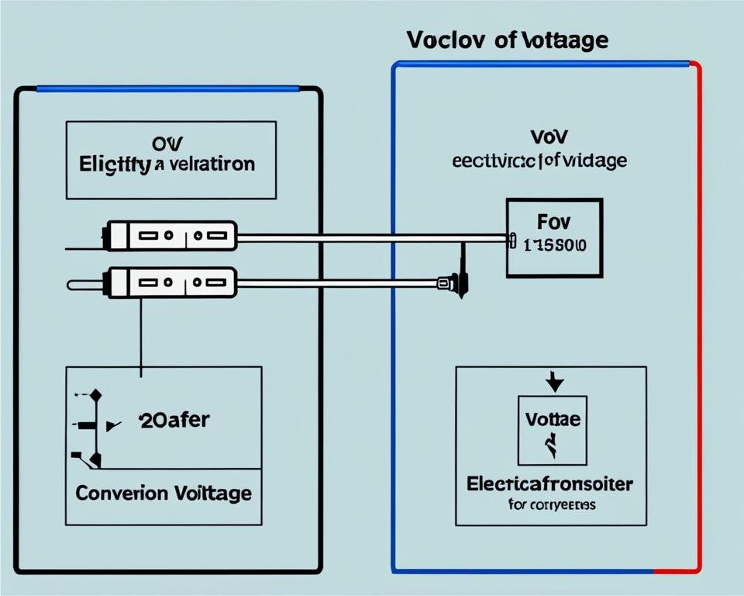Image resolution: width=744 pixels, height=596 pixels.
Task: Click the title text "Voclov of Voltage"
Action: pyautogui.click(x=507, y=41)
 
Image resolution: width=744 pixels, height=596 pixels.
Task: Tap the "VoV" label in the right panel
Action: pyautogui.click(x=549, y=137)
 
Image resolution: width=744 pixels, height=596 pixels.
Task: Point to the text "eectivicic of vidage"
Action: pyautogui.click(x=540, y=161)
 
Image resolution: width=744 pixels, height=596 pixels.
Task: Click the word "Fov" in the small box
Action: pyautogui.click(x=553, y=223)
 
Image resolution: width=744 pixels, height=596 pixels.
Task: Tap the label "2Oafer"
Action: pyautogui.click(x=174, y=421)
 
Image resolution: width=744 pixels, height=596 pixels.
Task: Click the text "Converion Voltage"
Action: pyautogui.click(x=164, y=492)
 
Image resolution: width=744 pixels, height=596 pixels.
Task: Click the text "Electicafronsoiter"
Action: pyautogui.click(x=549, y=483)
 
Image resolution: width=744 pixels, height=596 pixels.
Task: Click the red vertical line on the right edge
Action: pyautogui.click(x=700, y=310)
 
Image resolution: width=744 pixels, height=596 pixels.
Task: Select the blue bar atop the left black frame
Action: pyautogui.click(x=167, y=88)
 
